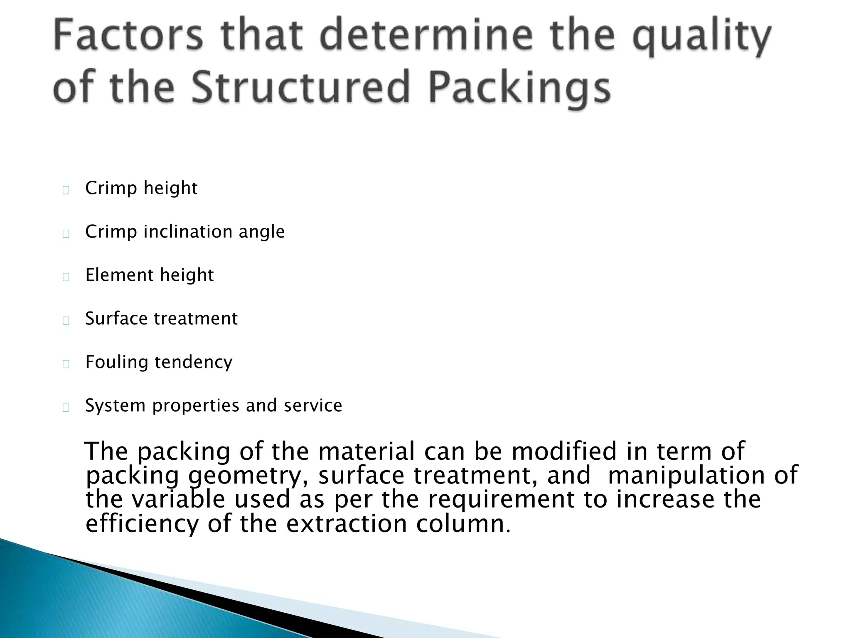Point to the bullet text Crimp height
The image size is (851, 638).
click(141, 188)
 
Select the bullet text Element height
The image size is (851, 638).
click(149, 275)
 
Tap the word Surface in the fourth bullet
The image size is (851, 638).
click(116, 319)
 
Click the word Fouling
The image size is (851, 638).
click(116, 362)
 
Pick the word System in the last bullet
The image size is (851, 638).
click(115, 406)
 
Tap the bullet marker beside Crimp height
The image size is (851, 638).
click(66, 190)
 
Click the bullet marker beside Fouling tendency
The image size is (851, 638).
click(66, 364)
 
